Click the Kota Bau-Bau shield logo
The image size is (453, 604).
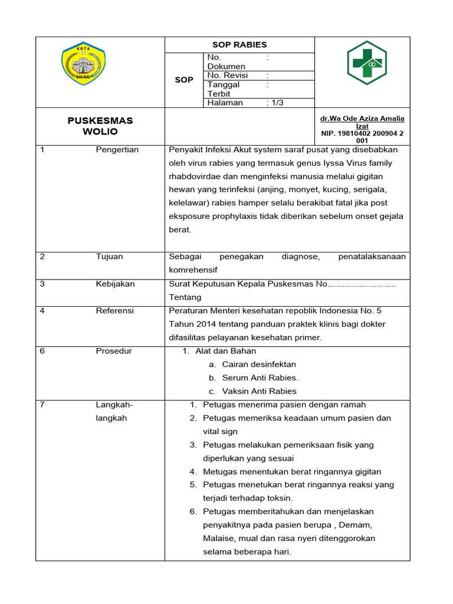(x=83, y=63)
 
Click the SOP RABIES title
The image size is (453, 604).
(x=239, y=45)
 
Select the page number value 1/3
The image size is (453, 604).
(x=275, y=103)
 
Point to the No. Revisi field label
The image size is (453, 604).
(x=228, y=75)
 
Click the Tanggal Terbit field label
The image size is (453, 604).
(x=224, y=89)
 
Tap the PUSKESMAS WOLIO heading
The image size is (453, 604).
(x=100, y=126)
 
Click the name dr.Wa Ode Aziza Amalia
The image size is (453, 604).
(x=362, y=119)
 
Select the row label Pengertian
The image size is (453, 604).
(x=117, y=150)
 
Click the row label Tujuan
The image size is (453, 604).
(x=110, y=257)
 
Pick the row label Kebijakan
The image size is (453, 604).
(x=115, y=284)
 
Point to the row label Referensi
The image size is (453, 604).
(x=115, y=310)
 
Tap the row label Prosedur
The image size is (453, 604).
(x=114, y=351)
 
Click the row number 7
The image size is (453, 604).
(x=42, y=405)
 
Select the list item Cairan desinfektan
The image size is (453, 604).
(x=259, y=365)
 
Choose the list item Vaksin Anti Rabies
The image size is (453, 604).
(x=260, y=391)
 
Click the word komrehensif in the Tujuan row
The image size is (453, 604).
(x=193, y=270)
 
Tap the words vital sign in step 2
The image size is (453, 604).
(x=220, y=432)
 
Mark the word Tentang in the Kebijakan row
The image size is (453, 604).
(x=185, y=297)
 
